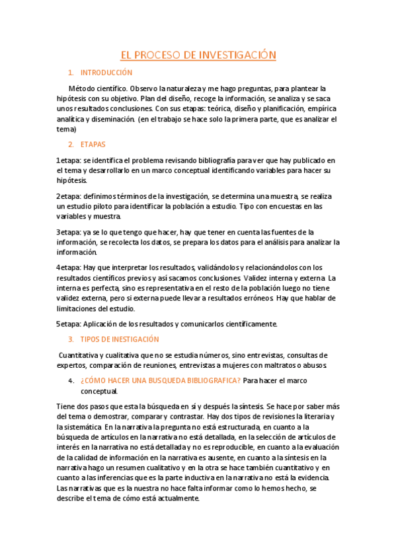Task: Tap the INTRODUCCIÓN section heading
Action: tap(106, 73)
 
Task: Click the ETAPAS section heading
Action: tap(93, 144)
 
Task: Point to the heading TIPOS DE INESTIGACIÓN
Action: tap(119, 339)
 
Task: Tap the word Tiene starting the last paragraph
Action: tap(67, 406)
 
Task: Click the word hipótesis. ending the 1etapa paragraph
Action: tap(72, 180)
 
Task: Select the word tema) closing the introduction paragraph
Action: tap(67, 129)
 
